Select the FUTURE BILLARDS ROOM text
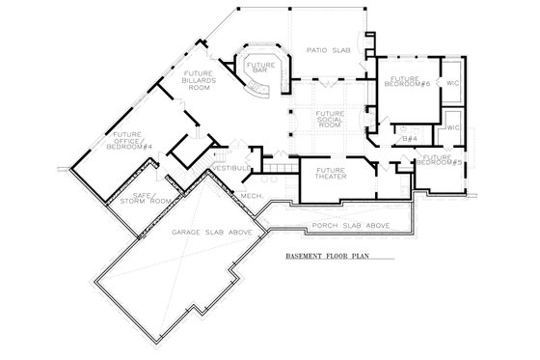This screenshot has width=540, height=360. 199,78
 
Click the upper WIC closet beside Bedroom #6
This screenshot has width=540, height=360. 452,84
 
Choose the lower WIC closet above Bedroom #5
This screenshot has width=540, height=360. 452,126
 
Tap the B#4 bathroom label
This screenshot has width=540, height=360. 409,138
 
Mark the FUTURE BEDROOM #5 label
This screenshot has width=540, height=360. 438,159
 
